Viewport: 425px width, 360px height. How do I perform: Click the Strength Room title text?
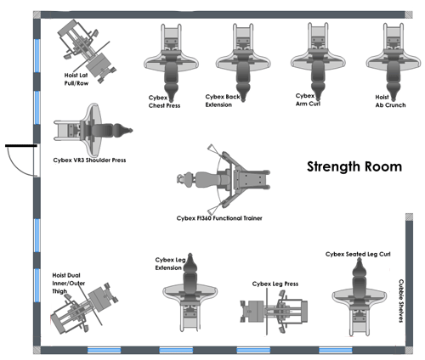(354, 167)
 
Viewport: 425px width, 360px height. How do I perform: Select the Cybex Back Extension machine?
(239, 56)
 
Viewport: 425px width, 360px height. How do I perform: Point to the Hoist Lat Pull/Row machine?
(86, 47)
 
